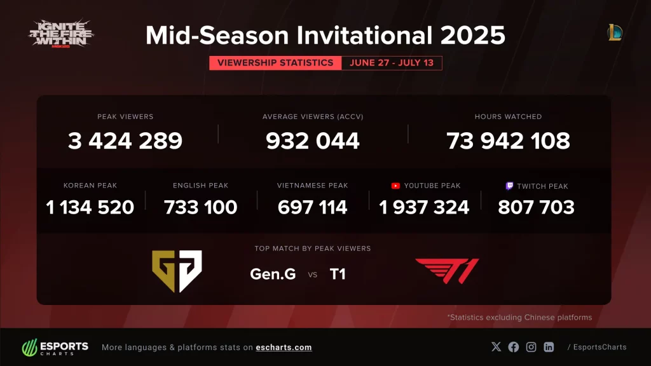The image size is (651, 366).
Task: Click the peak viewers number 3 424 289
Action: click(125, 140)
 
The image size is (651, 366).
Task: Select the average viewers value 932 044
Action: click(313, 140)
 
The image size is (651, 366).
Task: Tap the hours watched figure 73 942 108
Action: click(508, 140)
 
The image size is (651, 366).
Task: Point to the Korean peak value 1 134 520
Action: click(90, 207)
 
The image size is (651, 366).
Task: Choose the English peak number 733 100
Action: click(201, 207)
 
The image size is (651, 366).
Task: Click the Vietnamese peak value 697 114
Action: click(313, 207)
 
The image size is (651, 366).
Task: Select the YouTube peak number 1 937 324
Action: click(424, 207)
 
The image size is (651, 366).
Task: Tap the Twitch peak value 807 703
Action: click(536, 207)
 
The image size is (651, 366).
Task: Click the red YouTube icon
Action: click(395, 186)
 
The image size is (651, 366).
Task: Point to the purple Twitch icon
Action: click(509, 186)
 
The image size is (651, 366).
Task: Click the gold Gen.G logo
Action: click(177, 271)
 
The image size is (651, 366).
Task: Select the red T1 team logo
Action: click(447, 271)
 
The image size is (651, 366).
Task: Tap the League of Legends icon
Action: click(615, 32)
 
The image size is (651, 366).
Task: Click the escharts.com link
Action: click(284, 347)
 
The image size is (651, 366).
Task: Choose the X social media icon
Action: click(497, 347)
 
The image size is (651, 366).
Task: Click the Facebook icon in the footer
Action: click(514, 347)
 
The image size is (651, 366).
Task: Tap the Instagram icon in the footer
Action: click(531, 347)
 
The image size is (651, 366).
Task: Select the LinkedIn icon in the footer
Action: click(548, 347)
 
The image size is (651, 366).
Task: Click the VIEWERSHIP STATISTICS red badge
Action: click(275, 63)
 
